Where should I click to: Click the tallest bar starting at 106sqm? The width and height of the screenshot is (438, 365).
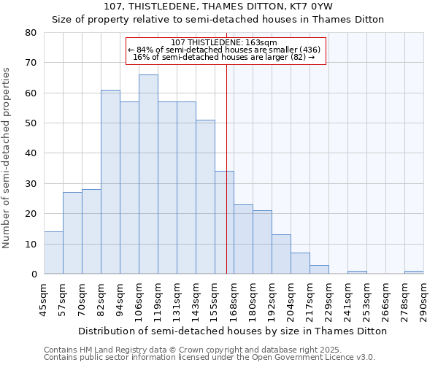pyautogui.click(x=148, y=174)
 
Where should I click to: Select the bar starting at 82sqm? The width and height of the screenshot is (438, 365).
pyautogui.click(x=110, y=182)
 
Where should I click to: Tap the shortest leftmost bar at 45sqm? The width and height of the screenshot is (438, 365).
pyautogui.click(x=53, y=253)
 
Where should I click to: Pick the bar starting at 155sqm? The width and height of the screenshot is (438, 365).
pyautogui.click(x=224, y=223)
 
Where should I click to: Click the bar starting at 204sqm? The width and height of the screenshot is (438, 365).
pyautogui.click(x=300, y=264)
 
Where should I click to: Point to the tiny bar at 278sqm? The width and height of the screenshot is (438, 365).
pyautogui.click(x=414, y=272)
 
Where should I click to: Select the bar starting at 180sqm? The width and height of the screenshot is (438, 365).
pyautogui.click(x=262, y=242)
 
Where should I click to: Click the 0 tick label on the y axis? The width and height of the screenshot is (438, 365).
pyautogui.click(x=34, y=274)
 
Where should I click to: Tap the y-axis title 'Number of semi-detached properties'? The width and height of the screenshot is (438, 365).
pyautogui.click(x=7, y=157)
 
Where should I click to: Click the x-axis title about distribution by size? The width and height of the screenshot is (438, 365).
pyautogui.click(x=232, y=331)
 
